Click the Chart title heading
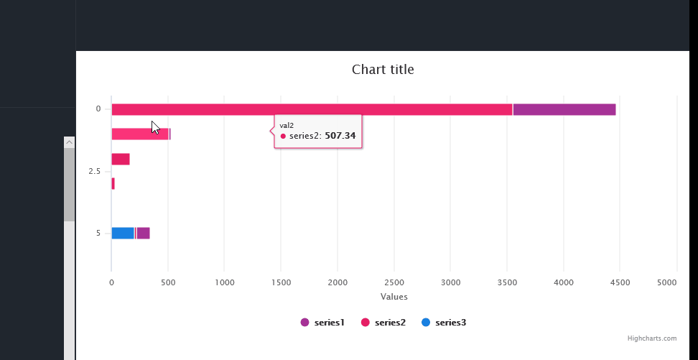(383, 70)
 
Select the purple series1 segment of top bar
(564, 109)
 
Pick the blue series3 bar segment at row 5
(123, 233)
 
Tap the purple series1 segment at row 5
(143, 233)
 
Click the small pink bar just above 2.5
(121, 159)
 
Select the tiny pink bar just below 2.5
(113, 184)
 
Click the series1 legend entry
(322, 323)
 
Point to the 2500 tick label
(394, 283)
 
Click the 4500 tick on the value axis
(620, 283)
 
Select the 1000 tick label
(224, 283)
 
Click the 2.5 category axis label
(94, 172)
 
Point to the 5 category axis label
(98, 233)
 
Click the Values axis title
(394, 297)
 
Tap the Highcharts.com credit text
(651, 338)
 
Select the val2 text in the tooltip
(287, 125)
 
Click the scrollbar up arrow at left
(69, 142)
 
